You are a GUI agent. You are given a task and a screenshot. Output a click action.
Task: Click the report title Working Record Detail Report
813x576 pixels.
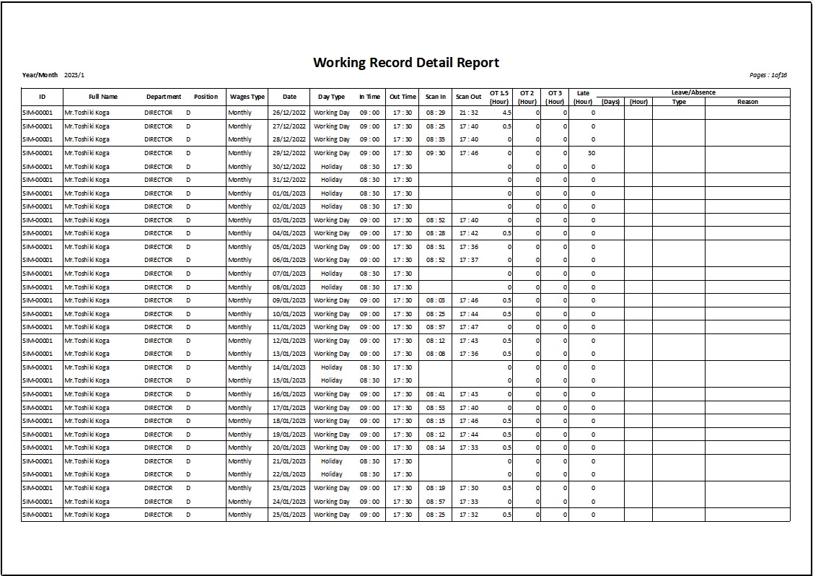coord(405,63)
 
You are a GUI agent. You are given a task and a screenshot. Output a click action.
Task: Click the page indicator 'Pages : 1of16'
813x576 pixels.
coord(768,75)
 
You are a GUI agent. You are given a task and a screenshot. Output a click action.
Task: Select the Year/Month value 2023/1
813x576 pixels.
coord(74,75)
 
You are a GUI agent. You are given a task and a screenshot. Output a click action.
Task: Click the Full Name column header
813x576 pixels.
coord(103,97)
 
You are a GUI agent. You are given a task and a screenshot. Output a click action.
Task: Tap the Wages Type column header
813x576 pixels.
coord(247,97)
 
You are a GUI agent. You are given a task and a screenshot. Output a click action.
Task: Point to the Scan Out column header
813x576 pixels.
coord(468,97)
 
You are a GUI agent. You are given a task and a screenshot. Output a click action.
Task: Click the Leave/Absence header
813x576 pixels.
coord(693,92)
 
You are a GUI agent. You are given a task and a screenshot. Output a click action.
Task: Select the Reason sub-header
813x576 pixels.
coord(747,102)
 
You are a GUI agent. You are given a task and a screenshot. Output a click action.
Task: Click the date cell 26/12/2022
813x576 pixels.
coord(289,113)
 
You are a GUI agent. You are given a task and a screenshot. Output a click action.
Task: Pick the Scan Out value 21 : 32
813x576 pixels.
coord(468,113)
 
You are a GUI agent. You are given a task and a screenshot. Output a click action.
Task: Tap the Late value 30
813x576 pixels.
coord(592,153)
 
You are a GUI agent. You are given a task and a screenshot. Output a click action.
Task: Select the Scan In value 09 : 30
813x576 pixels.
coord(436,153)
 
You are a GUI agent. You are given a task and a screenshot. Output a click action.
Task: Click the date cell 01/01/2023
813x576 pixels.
coord(289,193)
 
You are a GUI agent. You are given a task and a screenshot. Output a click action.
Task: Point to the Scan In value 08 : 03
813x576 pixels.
coord(436,300)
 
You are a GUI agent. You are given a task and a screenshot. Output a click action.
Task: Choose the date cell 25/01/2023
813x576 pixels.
coord(289,515)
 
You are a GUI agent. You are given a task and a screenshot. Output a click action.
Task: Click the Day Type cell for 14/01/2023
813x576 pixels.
coord(331,367)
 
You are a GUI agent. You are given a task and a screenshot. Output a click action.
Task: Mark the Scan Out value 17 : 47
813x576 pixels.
coord(468,327)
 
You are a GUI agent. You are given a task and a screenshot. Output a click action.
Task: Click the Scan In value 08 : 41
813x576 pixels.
coord(436,394)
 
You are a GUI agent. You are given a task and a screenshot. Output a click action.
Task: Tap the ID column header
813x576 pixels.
coord(42,97)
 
